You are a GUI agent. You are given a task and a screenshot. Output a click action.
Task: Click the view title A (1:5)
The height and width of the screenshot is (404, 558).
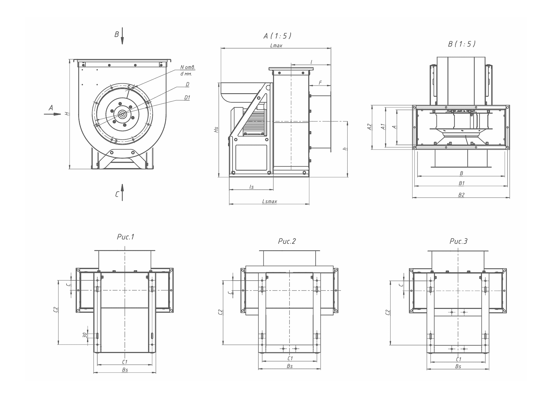click(x=277, y=36)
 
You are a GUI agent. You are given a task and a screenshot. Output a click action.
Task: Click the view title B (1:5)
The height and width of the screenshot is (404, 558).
click(x=462, y=44)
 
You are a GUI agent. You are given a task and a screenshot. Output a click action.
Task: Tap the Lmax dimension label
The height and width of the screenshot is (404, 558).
click(x=276, y=45)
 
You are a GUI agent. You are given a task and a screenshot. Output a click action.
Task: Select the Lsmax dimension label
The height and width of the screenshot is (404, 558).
click(x=270, y=201)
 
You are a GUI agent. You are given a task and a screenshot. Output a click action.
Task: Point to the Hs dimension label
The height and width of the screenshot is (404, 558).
click(x=216, y=130)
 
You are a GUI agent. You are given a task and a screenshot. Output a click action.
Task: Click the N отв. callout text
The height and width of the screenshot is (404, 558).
click(x=188, y=67)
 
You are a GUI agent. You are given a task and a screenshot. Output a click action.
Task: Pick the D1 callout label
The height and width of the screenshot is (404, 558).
click(x=187, y=97)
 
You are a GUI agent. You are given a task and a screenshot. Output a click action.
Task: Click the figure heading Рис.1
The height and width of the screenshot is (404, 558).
click(x=126, y=237)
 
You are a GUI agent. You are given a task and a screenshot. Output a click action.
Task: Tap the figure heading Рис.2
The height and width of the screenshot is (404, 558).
click(x=287, y=241)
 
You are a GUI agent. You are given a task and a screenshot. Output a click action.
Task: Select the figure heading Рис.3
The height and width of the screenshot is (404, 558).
click(x=459, y=241)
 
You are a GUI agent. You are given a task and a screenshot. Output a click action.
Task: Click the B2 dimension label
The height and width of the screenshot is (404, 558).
click(x=461, y=195)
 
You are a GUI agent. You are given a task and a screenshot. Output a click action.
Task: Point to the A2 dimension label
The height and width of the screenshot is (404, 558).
click(x=369, y=127)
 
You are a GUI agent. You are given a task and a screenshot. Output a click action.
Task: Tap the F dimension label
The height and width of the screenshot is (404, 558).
click(x=321, y=82)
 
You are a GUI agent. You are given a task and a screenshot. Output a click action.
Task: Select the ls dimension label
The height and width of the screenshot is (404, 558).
click(x=251, y=187)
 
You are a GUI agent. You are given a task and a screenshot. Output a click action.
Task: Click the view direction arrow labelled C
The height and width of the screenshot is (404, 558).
click(x=122, y=192)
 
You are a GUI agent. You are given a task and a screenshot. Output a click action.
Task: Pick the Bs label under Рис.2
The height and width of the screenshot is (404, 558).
click(x=290, y=366)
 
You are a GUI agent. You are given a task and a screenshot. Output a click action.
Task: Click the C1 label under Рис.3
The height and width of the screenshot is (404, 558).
click(x=459, y=359)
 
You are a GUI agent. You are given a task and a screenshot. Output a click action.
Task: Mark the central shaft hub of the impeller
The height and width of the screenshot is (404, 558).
click(x=122, y=114)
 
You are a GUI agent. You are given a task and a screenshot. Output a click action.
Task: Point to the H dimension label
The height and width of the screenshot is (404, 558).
click(x=67, y=113)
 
